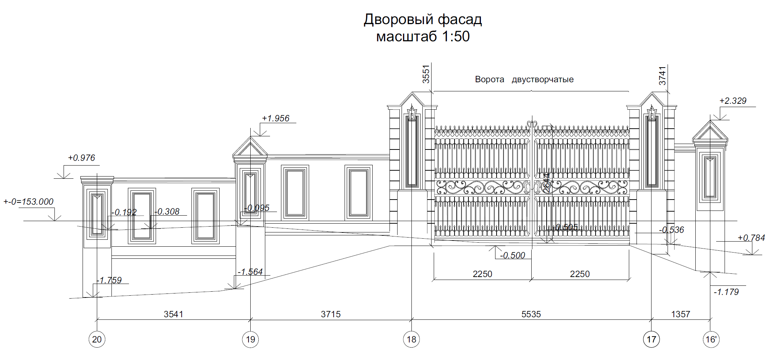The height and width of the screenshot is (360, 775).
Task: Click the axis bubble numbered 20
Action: tap(97, 340)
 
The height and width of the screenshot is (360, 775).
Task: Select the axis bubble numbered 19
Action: tap(250, 340)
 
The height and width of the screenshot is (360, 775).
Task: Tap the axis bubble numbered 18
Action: tap(411, 340)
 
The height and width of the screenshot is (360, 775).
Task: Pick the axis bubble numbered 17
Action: tap(651, 340)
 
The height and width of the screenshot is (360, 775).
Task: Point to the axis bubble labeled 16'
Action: tap(711, 340)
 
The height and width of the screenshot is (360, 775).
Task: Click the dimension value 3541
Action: tap(173, 314)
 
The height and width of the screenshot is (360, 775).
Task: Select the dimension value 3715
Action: tap(331, 314)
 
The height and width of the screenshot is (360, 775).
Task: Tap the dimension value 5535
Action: tap(531, 314)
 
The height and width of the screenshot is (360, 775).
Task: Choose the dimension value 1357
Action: tap(680, 314)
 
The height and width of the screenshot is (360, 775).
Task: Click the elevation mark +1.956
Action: tap(276, 118)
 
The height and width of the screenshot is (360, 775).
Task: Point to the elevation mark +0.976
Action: tap(81, 158)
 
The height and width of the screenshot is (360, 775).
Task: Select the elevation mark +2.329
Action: tap(733, 101)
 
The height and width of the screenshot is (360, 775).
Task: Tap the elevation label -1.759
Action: tap(109, 280)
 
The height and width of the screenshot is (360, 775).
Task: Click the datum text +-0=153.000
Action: tap(29, 202)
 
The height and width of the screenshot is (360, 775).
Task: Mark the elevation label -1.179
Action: tap(726, 292)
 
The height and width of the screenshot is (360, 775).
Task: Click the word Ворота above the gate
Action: tap(489, 80)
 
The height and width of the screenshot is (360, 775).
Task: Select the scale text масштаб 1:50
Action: tap(423, 37)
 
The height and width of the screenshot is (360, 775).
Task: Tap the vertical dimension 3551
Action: tap(426, 74)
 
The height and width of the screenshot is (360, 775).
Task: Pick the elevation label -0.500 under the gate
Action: tap(512, 255)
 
